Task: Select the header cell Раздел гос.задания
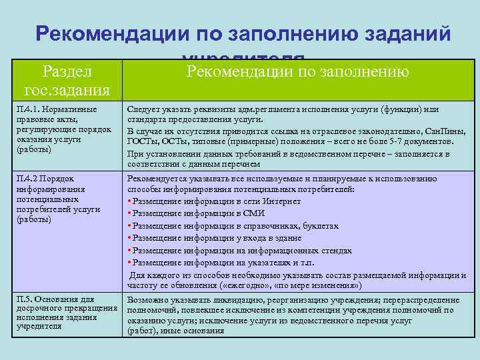pyautogui.click(x=66, y=79)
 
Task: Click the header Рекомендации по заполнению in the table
pyautogui.click(x=298, y=71)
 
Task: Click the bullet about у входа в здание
pyautogui.click(x=217, y=238)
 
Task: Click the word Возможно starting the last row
pyautogui.click(x=146, y=301)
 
